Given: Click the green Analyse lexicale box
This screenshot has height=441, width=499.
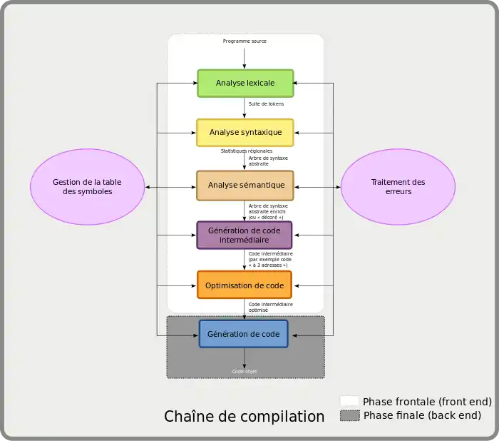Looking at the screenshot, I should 245,83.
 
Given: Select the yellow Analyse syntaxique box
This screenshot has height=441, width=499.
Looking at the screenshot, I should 245,133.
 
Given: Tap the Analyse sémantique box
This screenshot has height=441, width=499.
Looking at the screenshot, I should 245,185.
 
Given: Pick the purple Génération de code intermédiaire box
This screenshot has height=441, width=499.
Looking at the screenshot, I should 245,235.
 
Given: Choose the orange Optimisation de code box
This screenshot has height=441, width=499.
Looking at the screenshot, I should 245,285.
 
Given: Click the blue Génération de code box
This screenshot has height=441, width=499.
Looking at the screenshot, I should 243,334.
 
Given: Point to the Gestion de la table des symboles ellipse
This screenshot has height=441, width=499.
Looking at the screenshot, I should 87,186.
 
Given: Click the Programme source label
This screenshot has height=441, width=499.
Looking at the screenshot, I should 245,41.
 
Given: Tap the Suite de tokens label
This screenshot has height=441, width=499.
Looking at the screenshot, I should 266,104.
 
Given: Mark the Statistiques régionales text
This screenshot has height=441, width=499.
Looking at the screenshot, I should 246,151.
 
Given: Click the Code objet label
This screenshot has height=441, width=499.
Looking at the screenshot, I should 245,372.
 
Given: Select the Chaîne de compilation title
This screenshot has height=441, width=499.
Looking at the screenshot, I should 244,416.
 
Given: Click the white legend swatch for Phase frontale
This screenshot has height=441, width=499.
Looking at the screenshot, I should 349,401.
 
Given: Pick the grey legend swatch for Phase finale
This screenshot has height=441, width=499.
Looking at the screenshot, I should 349,415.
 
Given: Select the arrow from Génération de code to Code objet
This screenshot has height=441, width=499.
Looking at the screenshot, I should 245,357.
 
